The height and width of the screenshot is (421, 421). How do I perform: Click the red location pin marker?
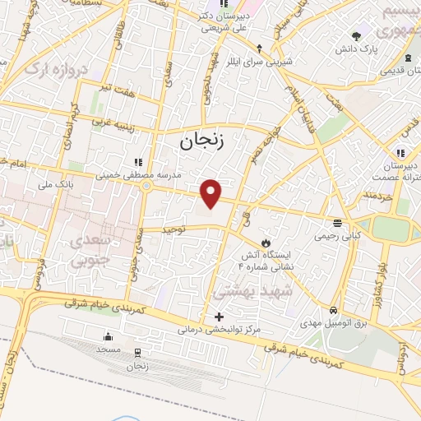coord(211,193)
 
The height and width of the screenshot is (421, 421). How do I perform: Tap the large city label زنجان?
coord(201,141)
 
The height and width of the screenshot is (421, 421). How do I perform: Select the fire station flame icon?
coord(266,243)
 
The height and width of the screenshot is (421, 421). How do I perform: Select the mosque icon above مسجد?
coord(107,336)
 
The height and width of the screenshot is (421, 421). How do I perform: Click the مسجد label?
coord(108,349)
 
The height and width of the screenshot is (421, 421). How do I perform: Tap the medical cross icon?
coord(218,317)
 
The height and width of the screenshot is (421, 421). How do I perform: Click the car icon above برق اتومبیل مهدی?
coord(332,311)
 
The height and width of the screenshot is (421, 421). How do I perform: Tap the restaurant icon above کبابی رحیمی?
coord(336,223)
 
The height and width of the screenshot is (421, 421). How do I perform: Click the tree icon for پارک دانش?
coord(356,36)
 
